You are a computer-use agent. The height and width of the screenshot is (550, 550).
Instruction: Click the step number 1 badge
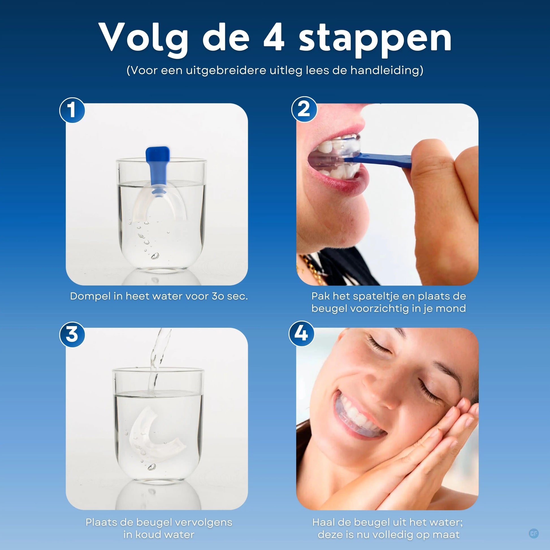click(x=72, y=110)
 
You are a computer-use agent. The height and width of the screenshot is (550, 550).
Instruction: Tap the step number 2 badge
click(x=304, y=109)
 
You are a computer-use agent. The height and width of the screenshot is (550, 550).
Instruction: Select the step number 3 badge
click(x=72, y=335)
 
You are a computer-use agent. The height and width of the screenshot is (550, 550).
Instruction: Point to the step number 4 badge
click(x=302, y=333)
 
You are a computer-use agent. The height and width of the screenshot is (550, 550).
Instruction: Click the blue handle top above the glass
click(x=157, y=154)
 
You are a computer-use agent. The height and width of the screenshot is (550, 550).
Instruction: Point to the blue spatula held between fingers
click(x=382, y=159)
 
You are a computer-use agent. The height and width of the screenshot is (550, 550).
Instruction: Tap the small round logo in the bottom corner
click(x=534, y=533)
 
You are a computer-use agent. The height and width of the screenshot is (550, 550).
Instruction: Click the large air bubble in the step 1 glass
click(x=155, y=256)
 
